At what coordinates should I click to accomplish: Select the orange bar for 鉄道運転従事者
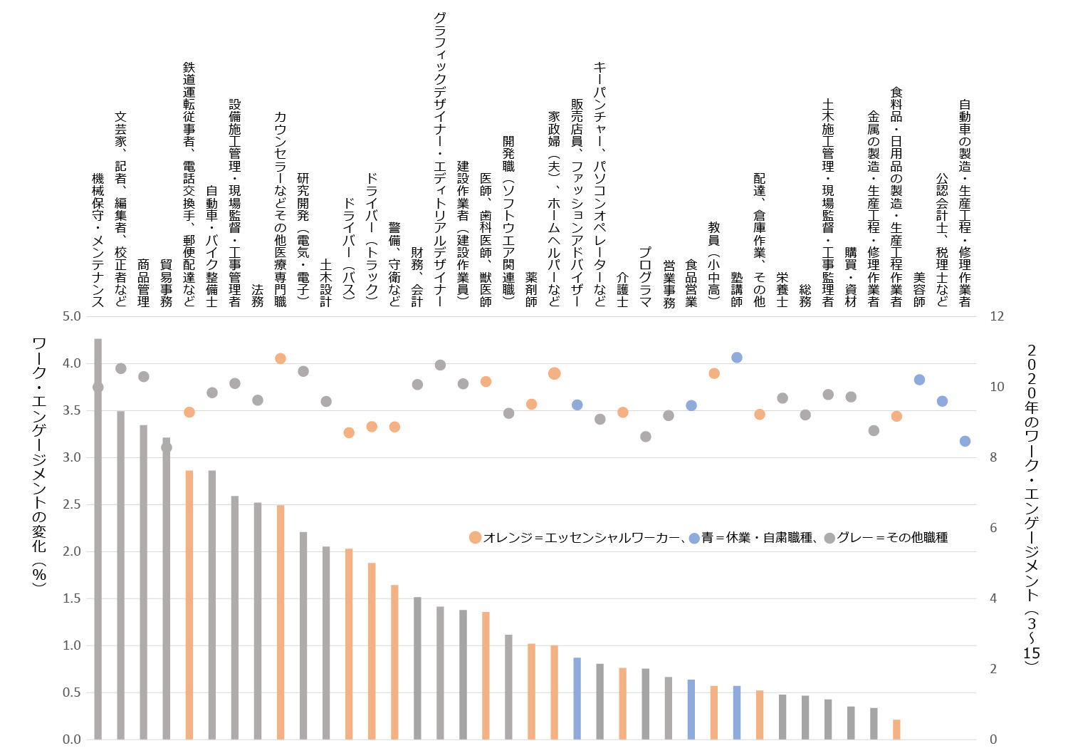pyautogui.click(x=189, y=605)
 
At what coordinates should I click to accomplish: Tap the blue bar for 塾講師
pyautogui.click(x=737, y=712)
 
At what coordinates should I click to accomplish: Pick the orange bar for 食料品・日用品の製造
pyautogui.click(x=896, y=729)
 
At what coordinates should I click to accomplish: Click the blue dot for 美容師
pyautogui.click(x=919, y=380)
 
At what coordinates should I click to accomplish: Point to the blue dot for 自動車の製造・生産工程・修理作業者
pyautogui.click(x=965, y=441)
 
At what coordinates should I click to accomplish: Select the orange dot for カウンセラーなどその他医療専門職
pyautogui.click(x=281, y=358)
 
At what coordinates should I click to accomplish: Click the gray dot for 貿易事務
pyautogui.click(x=167, y=447)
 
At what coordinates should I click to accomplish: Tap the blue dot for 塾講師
pyautogui.click(x=737, y=358)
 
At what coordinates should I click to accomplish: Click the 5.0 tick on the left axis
pyautogui.click(x=72, y=316)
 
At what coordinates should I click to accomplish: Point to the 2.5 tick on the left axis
pyautogui.click(x=72, y=504)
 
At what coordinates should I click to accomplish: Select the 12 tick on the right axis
pyautogui.click(x=997, y=316)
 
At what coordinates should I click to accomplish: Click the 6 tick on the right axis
pyautogui.click(x=993, y=528)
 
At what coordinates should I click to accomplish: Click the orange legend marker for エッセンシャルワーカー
pyautogui.click(x=475, y=538)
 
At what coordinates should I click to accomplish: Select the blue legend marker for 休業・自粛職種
pyautogui.click(x=694, y=538)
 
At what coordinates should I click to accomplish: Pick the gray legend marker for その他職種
pyautogui.click(x=829, y=538)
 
